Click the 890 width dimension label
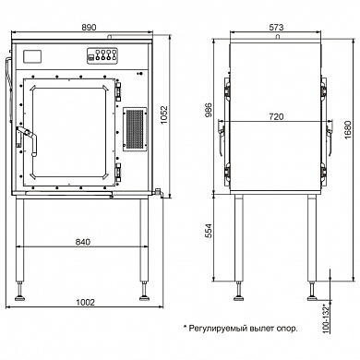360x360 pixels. [89, 28]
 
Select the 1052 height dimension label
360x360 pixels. [164, 115]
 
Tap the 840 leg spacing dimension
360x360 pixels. [83, 242]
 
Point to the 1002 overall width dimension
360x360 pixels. [85, 303]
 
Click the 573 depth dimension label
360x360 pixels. [276, 28]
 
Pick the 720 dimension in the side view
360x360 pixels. [276, 117]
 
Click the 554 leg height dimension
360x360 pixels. [209, 231]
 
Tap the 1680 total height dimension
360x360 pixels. [348, 129]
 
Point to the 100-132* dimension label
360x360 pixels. [326, 318]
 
